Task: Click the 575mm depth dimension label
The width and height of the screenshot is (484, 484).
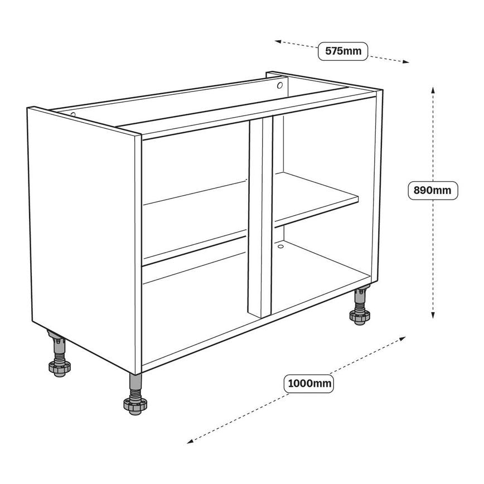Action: click(x=343, y=51)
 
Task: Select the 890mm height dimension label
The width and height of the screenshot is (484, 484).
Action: click(x=432, y=191)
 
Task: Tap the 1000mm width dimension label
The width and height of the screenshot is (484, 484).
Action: click(x=309, y=384)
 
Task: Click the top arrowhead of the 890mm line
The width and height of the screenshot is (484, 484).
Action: click(x=432, y=90)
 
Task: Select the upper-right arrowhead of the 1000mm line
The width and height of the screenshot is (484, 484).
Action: click(x=403, y=338)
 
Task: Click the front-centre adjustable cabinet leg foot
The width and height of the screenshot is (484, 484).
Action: click(x=134, y=406)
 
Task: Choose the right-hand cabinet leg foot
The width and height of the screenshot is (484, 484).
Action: click(x=360, y=317)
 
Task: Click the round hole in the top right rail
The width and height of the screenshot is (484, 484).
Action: click(x=280, y=86)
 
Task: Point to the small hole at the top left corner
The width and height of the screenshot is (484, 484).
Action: click(x=72, y=115)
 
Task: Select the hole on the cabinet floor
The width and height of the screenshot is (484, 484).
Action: click(x=280, y=245)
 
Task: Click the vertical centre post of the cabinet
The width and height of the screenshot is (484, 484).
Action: click(x=260, y=217)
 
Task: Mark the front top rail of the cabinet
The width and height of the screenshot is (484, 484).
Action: click(x=256, y=114)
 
